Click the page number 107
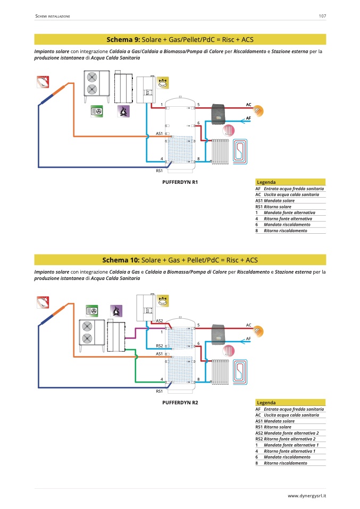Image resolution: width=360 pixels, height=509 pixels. pos(322,16)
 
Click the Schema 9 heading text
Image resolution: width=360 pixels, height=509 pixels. pos(180,39)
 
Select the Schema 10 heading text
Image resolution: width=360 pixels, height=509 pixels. pos(180,260)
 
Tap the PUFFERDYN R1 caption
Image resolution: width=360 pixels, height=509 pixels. pos(180,182)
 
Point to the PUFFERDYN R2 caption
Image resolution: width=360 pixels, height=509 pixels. pos(180,403)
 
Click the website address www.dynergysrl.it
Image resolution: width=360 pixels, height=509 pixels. pos(307,496)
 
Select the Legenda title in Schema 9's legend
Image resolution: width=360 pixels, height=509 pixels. pos(266,182)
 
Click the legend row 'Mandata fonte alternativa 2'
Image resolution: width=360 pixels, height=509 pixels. pos(291,433)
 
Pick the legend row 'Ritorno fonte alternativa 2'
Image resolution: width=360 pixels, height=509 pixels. pos(290,439)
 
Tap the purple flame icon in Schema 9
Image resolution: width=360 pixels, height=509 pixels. pos(123,112)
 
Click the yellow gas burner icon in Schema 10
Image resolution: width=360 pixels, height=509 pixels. pos(162,301)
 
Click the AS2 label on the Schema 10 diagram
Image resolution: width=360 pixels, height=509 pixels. pos(160,321)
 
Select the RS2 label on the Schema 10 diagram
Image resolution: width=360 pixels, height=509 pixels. pos(160,346)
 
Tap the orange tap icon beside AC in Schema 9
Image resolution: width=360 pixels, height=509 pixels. pos(259,111)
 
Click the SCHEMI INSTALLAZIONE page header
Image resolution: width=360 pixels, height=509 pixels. pos(53,16)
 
